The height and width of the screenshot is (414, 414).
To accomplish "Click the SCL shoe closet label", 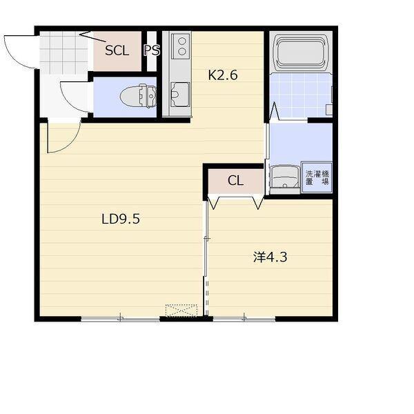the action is coord(117,50).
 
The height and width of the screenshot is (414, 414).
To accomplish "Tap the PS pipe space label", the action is coord(152,50).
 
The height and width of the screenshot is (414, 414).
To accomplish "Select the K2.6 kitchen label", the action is coord(223,75).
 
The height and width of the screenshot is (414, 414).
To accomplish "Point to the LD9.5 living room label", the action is coord(121,219).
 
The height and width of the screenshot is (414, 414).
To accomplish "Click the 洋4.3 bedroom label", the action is coord(270,257).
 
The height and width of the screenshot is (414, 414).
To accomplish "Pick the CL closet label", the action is coord(235,181).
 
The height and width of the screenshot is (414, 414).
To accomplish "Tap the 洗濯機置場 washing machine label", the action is coord(317,178).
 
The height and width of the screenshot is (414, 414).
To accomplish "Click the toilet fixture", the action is coord(139,96).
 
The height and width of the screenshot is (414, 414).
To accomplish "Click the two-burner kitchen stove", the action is coord(181,46).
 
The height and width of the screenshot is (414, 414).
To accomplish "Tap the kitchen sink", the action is coord(180,95).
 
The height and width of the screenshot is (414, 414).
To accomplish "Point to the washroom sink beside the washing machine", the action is coord(284,177).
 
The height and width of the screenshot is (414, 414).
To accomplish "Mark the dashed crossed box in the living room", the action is coord(181,310).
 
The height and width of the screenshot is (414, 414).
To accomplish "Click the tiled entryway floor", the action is coord(63,53).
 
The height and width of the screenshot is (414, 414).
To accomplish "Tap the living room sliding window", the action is coord(120,319).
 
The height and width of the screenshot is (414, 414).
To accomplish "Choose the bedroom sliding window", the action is coord(244,319).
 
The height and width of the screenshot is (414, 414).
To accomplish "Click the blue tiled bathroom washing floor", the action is coord(301,95).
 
